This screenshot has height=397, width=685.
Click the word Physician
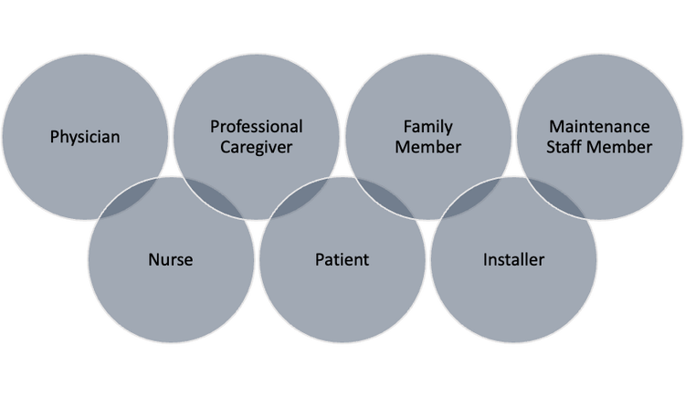(x=85, y=137)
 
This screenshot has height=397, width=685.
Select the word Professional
(x=257, y=127)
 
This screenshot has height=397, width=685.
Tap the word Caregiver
(x=257, y=147)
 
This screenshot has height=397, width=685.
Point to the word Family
(x=428, y=127)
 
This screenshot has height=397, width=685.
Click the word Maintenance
(x=599, y=127)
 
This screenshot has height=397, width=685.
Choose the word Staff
(x=564, y=147)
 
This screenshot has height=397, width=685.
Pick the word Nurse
(x=171, y=260)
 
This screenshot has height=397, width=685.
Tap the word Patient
(x=342, y=260)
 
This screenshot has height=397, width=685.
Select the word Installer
(x=513, y=260)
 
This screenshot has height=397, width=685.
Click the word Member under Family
(x=428, y=147)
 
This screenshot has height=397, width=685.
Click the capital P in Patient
(x=320, y=260)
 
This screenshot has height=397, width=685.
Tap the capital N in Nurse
(x=154, y=260)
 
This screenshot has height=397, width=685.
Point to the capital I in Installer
(x=485, y=260)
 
